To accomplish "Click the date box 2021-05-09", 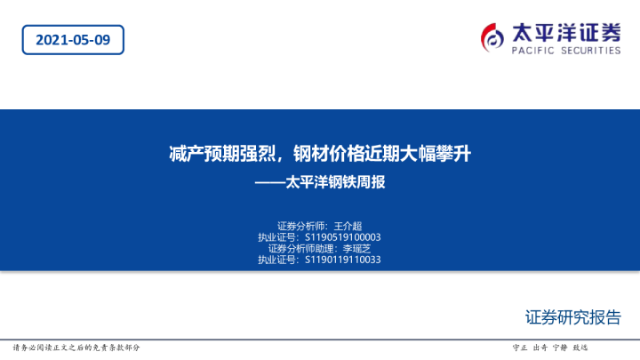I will pyautogui.click(x=73, y=39).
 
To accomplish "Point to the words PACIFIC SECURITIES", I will pyautogui.click(x=566, y=52).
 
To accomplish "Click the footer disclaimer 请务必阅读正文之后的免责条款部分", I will pyautogui.click(x=76, y=348).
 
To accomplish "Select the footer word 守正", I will pyautogui.click(x=522, y=348).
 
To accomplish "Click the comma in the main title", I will pyautogui.click(x=286, y=157).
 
